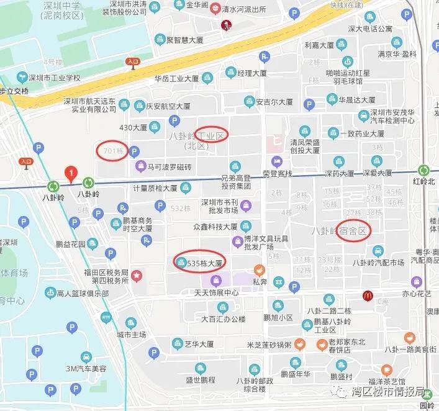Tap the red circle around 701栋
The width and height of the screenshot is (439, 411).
(x=112, y=150)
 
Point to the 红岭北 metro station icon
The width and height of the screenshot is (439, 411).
(x=423, y=170)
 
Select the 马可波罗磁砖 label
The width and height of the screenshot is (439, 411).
(x=170, y=167)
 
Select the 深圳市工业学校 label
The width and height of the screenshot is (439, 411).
(x=55, y=78)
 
